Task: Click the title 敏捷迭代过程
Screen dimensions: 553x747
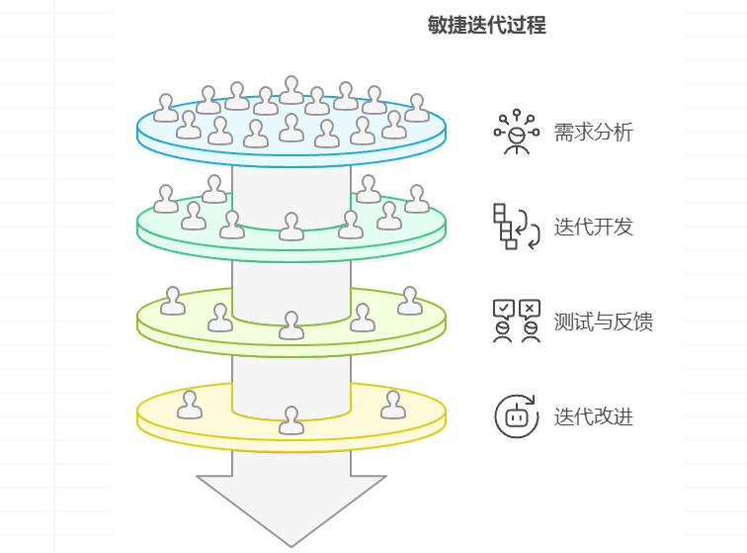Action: [486, 26]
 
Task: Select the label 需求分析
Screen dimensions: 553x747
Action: [593, 133]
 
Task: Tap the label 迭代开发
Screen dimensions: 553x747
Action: [593, 228]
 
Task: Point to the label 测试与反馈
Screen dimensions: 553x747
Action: [603, 323]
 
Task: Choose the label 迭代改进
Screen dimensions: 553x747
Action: [593, 416]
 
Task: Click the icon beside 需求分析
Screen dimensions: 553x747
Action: [516, 133]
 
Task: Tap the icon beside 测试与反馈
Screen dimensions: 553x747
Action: [516, 322]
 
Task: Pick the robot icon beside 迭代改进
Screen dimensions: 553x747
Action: [516, 416]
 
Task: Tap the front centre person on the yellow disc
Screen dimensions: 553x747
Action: [290, 420]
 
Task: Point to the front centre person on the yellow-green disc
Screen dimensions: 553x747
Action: [290, 325]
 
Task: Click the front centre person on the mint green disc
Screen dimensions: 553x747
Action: [290, 228]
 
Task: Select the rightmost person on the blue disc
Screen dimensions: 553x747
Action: [417, 109]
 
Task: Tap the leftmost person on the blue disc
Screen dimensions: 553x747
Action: [166, 109]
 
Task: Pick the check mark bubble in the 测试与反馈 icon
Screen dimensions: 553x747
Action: [503, 309]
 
